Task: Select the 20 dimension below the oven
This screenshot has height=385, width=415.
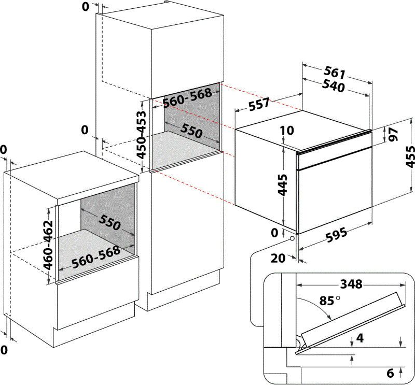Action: (x=278, y=258)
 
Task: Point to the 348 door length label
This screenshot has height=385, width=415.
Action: (x=351, y=284)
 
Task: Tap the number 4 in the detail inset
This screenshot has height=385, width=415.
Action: (x=360, y=339)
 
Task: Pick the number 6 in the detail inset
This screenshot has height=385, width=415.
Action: (x=390, y=372)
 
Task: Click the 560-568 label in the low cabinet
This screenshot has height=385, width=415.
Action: (x=95, y=258)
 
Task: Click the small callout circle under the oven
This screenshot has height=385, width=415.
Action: (x=292, y=239)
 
